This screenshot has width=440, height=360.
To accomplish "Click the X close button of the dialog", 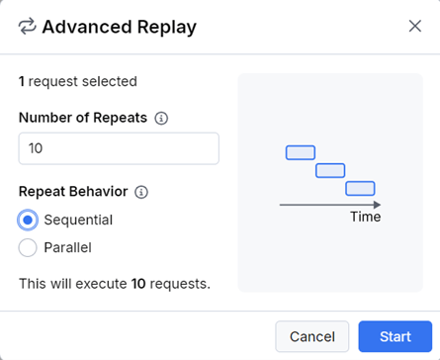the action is point(414,26).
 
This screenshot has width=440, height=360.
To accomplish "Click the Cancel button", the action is point(311,336).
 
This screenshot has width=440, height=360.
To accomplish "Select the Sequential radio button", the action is point(29,220).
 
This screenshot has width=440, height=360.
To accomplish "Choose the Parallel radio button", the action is point(29,247).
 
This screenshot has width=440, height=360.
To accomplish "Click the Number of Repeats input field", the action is point(119,148).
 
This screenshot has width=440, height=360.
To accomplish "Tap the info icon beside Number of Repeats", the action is point(161,118).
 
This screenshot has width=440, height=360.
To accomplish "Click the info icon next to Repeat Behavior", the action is point(140,192).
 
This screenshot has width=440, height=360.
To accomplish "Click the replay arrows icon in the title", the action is point(28,27).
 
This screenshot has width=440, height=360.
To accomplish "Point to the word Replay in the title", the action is point(168,27).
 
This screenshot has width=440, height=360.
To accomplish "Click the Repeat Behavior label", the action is point(73,192).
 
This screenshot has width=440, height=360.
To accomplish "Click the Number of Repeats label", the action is point(83,118).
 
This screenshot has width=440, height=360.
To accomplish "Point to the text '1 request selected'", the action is point(78,81).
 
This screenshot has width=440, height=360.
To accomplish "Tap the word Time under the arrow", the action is point(365,217).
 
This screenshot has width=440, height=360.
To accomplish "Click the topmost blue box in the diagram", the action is point(301,152).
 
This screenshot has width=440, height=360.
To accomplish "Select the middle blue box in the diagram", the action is point(329,170).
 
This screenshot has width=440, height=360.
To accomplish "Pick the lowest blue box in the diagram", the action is point(360,188).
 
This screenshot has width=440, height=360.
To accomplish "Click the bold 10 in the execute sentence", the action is point(139,284).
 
